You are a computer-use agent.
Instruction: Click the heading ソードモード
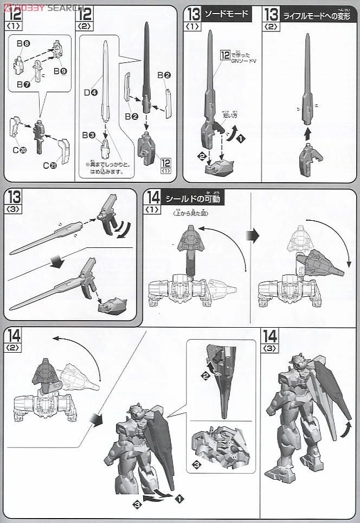tap(227, 14)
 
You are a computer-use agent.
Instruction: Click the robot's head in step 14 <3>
tap(298, 360)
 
